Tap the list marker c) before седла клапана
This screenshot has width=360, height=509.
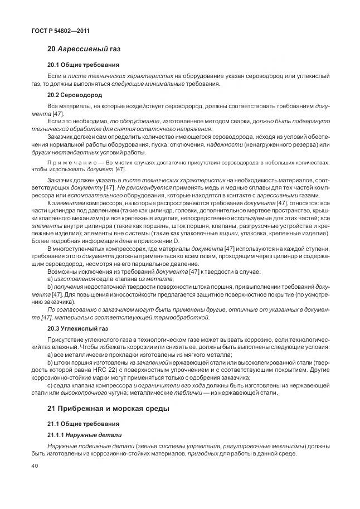[x=50, y=385]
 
